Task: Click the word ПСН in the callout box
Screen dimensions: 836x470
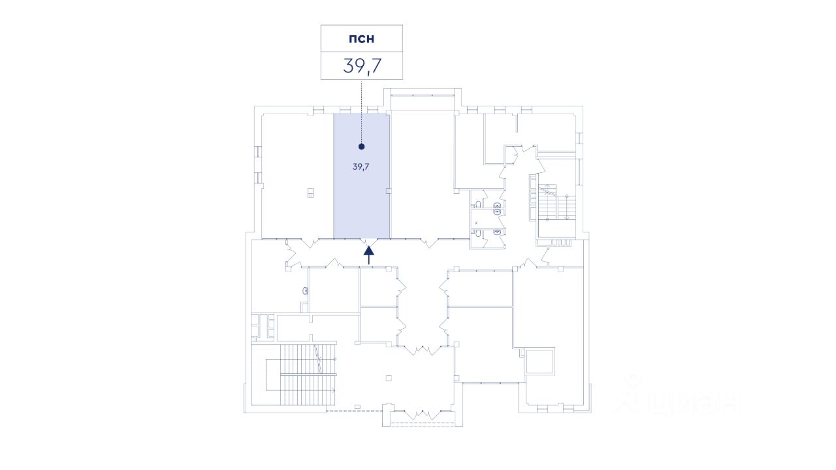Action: (361, 39)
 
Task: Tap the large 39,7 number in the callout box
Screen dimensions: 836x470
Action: (361, 66)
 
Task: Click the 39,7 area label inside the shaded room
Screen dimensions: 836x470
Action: (361, 166)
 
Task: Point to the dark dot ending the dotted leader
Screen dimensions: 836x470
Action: (361, 147)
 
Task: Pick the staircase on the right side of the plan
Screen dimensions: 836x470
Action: (556, 202)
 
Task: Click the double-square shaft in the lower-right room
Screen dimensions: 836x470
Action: (540, 361)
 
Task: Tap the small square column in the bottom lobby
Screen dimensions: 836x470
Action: (389, 377)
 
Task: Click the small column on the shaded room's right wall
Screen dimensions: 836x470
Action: (389, 191)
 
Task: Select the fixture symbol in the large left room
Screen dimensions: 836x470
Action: (311, 192)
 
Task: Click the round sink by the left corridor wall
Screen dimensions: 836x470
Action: (305, 290)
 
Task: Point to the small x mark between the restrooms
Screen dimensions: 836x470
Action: (476, 223)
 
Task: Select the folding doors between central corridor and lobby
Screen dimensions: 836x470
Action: (425, 350)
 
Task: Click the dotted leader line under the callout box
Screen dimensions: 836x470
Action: (361, 111)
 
